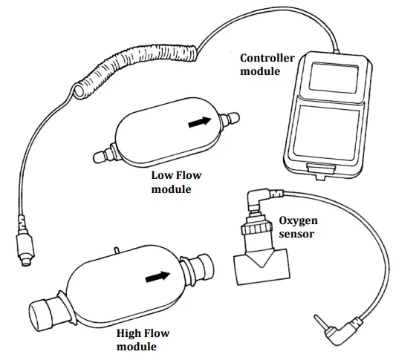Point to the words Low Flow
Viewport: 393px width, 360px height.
pos(176,176)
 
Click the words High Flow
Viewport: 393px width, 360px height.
pos(143,333)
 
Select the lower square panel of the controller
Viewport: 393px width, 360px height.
pos(330,134)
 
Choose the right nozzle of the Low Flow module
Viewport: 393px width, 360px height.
pos(231,117)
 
